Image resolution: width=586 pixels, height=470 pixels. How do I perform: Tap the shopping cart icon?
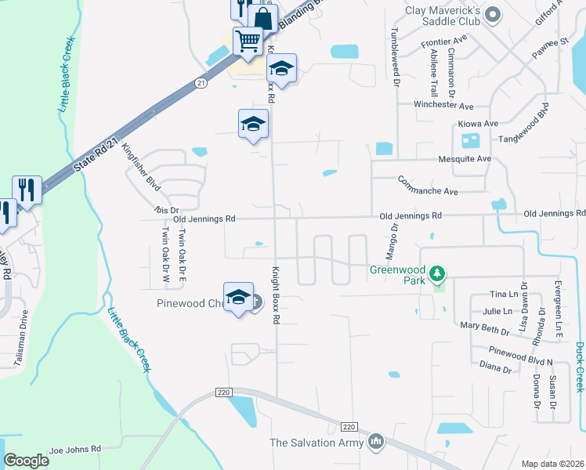pyautogui.click(x=248, y=40)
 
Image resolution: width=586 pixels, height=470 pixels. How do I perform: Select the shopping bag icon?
pyautogui.click(x=263, y=18)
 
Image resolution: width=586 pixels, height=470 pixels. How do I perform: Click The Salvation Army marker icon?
pyautogui.click(x=377, y=443)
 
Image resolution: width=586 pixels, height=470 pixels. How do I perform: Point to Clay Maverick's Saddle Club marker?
pyautogui.click(x=493, y=13)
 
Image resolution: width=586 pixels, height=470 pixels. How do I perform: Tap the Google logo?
pyautogui.click(x=26, y=460)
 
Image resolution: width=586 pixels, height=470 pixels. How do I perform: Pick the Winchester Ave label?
pyautogui.click(x=444, y=106)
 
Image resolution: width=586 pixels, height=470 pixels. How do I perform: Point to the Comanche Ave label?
pyautogui.click(x=428, y=190)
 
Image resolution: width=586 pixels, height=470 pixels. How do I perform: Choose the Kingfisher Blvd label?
pyautogui.click(x=142, y=170)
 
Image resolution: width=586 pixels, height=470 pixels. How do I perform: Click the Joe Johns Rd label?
pyautogui.click(x=75, y=450)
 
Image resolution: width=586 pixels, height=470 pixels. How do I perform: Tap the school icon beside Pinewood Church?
pyautogui.click(x=238, y=297)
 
